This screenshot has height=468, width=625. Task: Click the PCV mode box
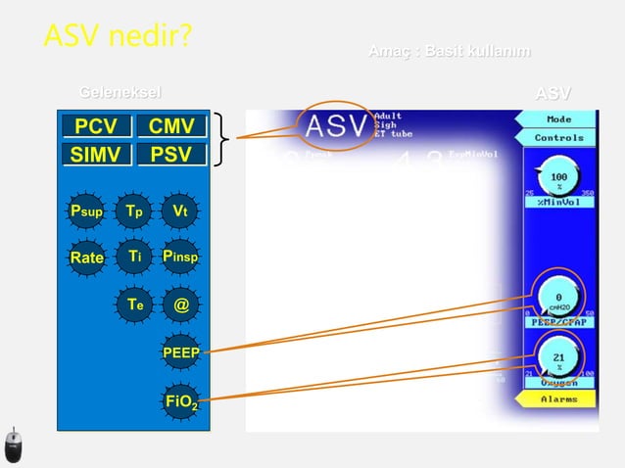(x=96, y=126)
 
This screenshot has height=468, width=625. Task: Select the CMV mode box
(x=171, y=126)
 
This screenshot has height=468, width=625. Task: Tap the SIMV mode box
(x=96, y=155)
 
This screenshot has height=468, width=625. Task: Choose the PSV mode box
(x=171, y=155)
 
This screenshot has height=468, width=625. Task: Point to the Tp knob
(x=134, y=211)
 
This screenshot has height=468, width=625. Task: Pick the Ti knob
(x=134, y=257)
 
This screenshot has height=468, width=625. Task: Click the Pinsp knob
(x=180, y=257)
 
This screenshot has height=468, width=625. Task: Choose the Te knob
(x=134, y=304)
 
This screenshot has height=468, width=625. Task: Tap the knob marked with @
(x=180, y=304)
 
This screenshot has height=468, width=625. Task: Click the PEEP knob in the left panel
(x=180, y=351)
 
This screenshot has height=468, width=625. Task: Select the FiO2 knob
(x=180, y=399)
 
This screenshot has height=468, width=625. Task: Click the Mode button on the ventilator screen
(x=559, y=119)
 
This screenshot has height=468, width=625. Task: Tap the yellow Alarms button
(x=559, y=399)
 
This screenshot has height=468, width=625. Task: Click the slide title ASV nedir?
(x=117, y=36)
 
